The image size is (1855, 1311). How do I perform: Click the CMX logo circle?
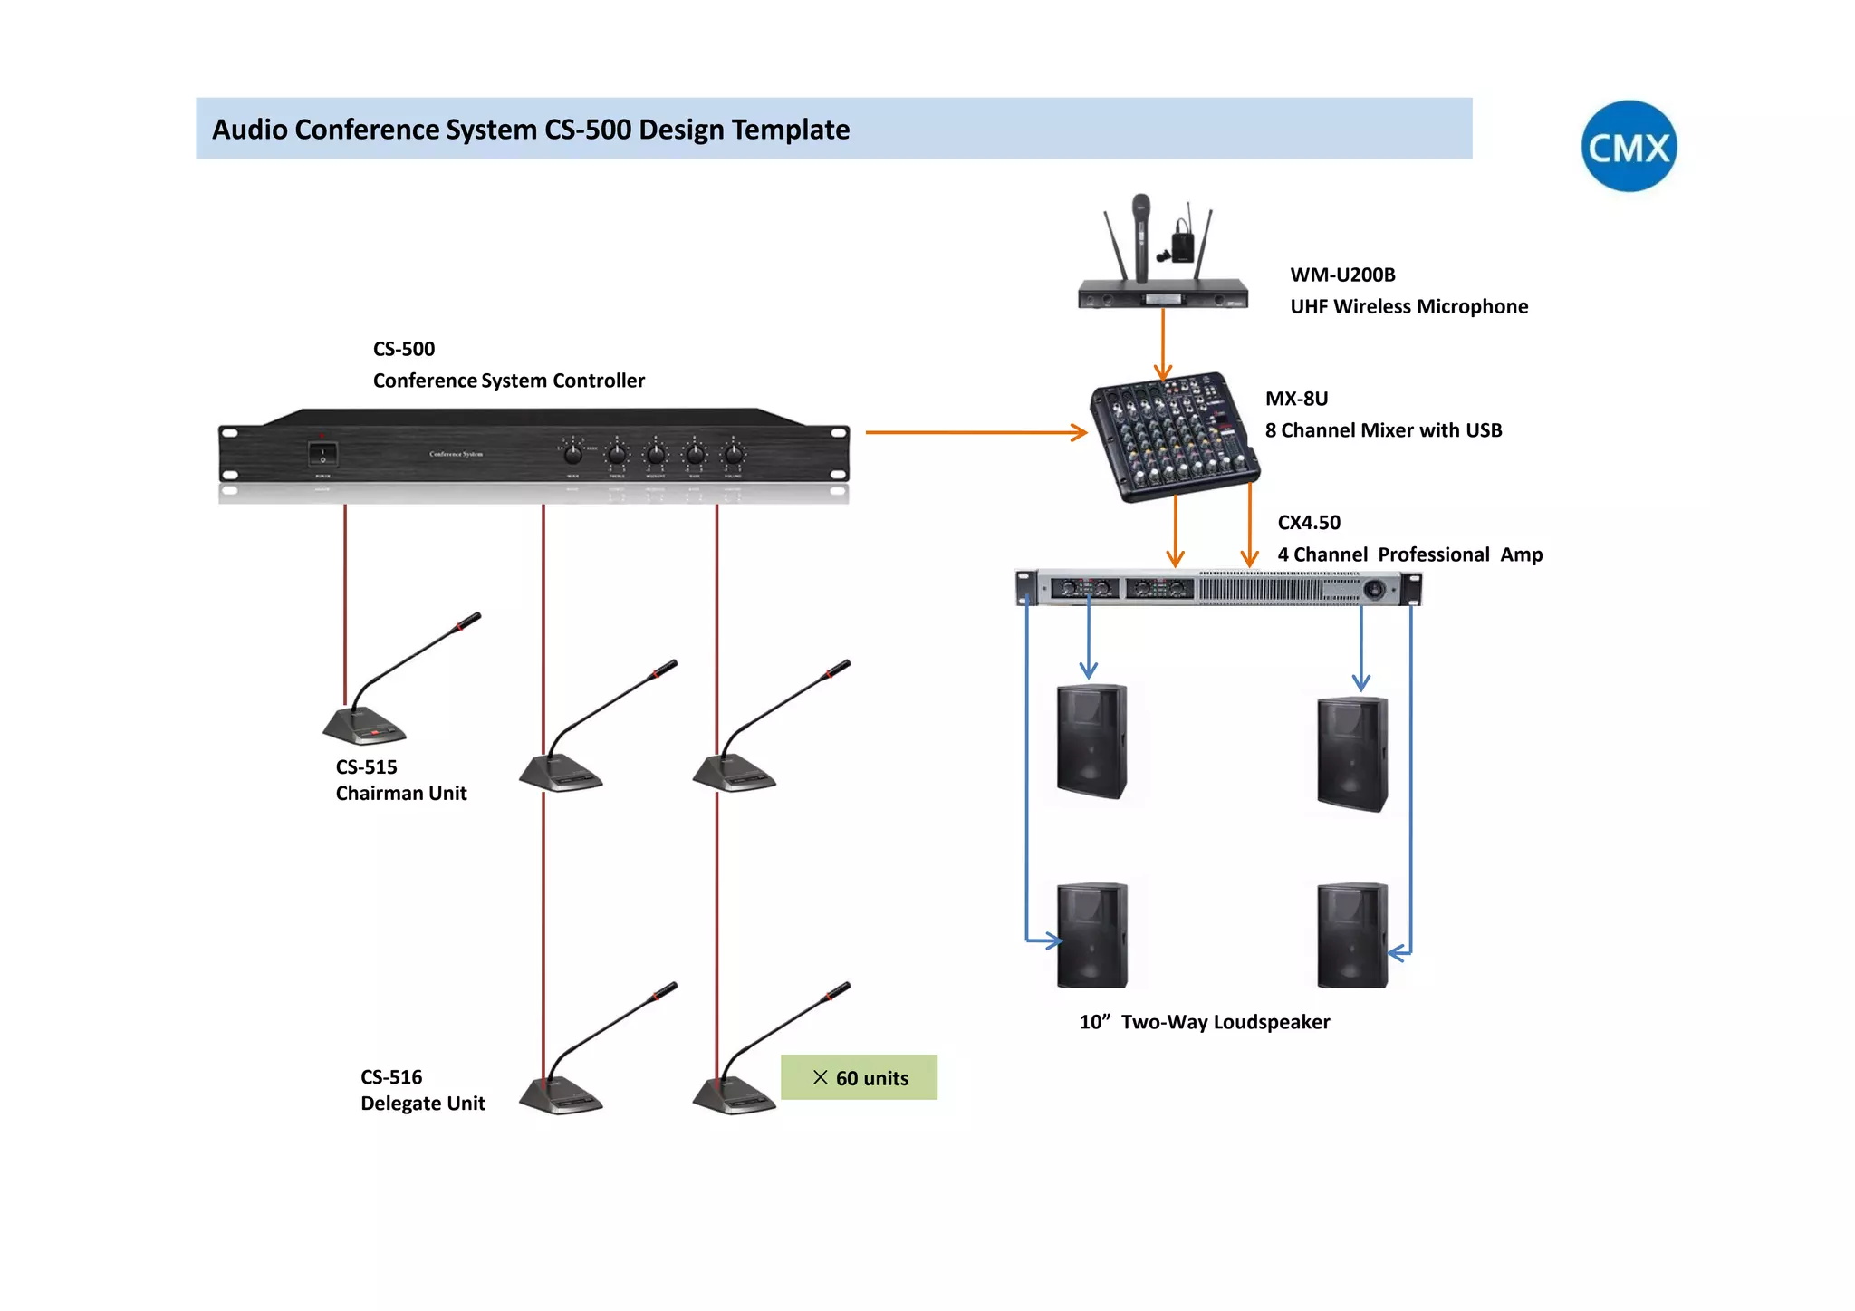pyautogui.click(x=1628, y=146)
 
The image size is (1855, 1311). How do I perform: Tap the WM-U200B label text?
pyautogui.click(x=1342, y=275)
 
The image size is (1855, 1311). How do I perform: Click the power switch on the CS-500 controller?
pyautogui.click(x=322, y=453)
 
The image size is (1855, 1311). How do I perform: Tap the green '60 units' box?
pyautogui.click(x=858, y=1077)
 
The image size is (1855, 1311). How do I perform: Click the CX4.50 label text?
pyautogui.click(x=1308, y=523)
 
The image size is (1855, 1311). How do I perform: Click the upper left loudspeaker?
pyautogui.click(x=1091, y=741)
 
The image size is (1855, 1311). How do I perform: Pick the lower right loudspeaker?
pyautogui.click(x=1351, y=935)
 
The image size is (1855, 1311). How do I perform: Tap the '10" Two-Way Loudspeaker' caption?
pyautogui.click(x=1204, y=1022)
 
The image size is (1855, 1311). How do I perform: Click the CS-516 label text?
pyautogui.click(x=391, y=1077)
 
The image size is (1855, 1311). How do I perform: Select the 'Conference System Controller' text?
pyautogui.click(x=508, y=381)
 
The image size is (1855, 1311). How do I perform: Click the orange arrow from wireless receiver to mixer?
pyautogui.click(x=1163, y=344)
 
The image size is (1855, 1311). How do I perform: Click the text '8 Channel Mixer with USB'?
pyautogui.click(x=1383, y=430)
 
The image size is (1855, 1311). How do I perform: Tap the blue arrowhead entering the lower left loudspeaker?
pyautogui.click(x=1053, y=940)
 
